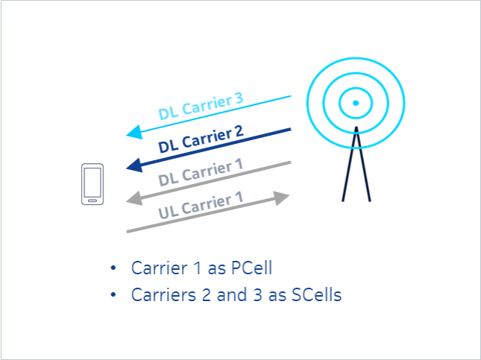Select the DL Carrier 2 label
201,139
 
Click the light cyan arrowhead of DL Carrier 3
134,133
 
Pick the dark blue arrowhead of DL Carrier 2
134,165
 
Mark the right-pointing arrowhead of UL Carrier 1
281,198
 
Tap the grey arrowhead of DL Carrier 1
134,198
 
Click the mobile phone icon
92,185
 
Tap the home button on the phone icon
92,200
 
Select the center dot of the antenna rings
356,102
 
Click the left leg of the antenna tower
348,168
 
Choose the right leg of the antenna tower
364,168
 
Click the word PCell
242,268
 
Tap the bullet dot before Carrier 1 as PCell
113,268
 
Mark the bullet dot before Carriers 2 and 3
113,294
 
